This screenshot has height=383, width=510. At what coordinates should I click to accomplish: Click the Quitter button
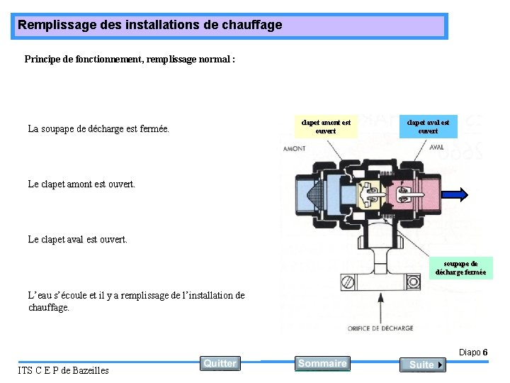point(220,363)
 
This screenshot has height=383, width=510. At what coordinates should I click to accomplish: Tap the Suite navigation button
point(422,365)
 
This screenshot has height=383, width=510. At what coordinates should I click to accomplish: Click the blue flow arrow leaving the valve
point(453,194)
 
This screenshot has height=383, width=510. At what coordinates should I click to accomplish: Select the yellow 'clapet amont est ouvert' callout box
point(325,126)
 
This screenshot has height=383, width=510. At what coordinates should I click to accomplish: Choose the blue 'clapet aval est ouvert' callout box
point(428,126)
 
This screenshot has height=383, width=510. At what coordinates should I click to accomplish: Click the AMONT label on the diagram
point(295,149)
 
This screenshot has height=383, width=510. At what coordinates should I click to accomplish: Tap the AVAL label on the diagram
point(436,148)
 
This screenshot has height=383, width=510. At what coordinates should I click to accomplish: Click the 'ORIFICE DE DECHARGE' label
point(380,328)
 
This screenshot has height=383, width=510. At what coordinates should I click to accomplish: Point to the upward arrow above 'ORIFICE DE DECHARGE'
point(381,305)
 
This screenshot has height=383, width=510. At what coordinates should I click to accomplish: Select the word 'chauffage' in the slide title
point(253,25)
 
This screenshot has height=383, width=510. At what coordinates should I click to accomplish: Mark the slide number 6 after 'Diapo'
point(484,353)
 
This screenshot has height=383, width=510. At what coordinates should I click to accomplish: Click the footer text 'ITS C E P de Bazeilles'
point(63,370)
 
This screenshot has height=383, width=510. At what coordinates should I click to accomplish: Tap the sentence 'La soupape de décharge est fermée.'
point(98,129)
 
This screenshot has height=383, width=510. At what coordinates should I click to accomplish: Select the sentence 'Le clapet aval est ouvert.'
point(78,239)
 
